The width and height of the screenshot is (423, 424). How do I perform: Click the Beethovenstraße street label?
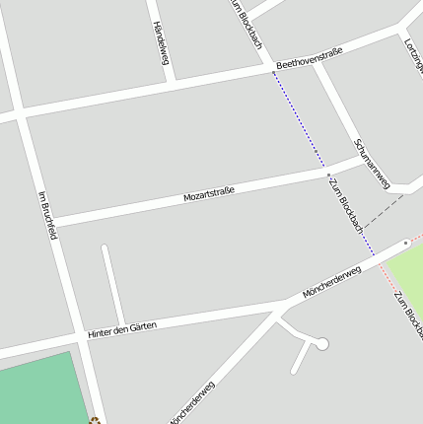[309, 58]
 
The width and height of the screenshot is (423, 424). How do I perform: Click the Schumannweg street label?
[372, 163]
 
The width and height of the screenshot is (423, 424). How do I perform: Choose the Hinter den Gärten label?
[121, 329]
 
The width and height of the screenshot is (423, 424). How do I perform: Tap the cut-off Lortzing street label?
[413, 54]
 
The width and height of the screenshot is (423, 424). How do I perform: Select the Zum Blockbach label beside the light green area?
[408, 314]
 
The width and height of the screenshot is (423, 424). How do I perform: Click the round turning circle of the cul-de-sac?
[321, 344]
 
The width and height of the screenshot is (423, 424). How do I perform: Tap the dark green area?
[39, 389]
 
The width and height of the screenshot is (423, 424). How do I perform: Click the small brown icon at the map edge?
[95, 420]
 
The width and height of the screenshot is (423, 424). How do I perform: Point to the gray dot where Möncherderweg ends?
[405, 242]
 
